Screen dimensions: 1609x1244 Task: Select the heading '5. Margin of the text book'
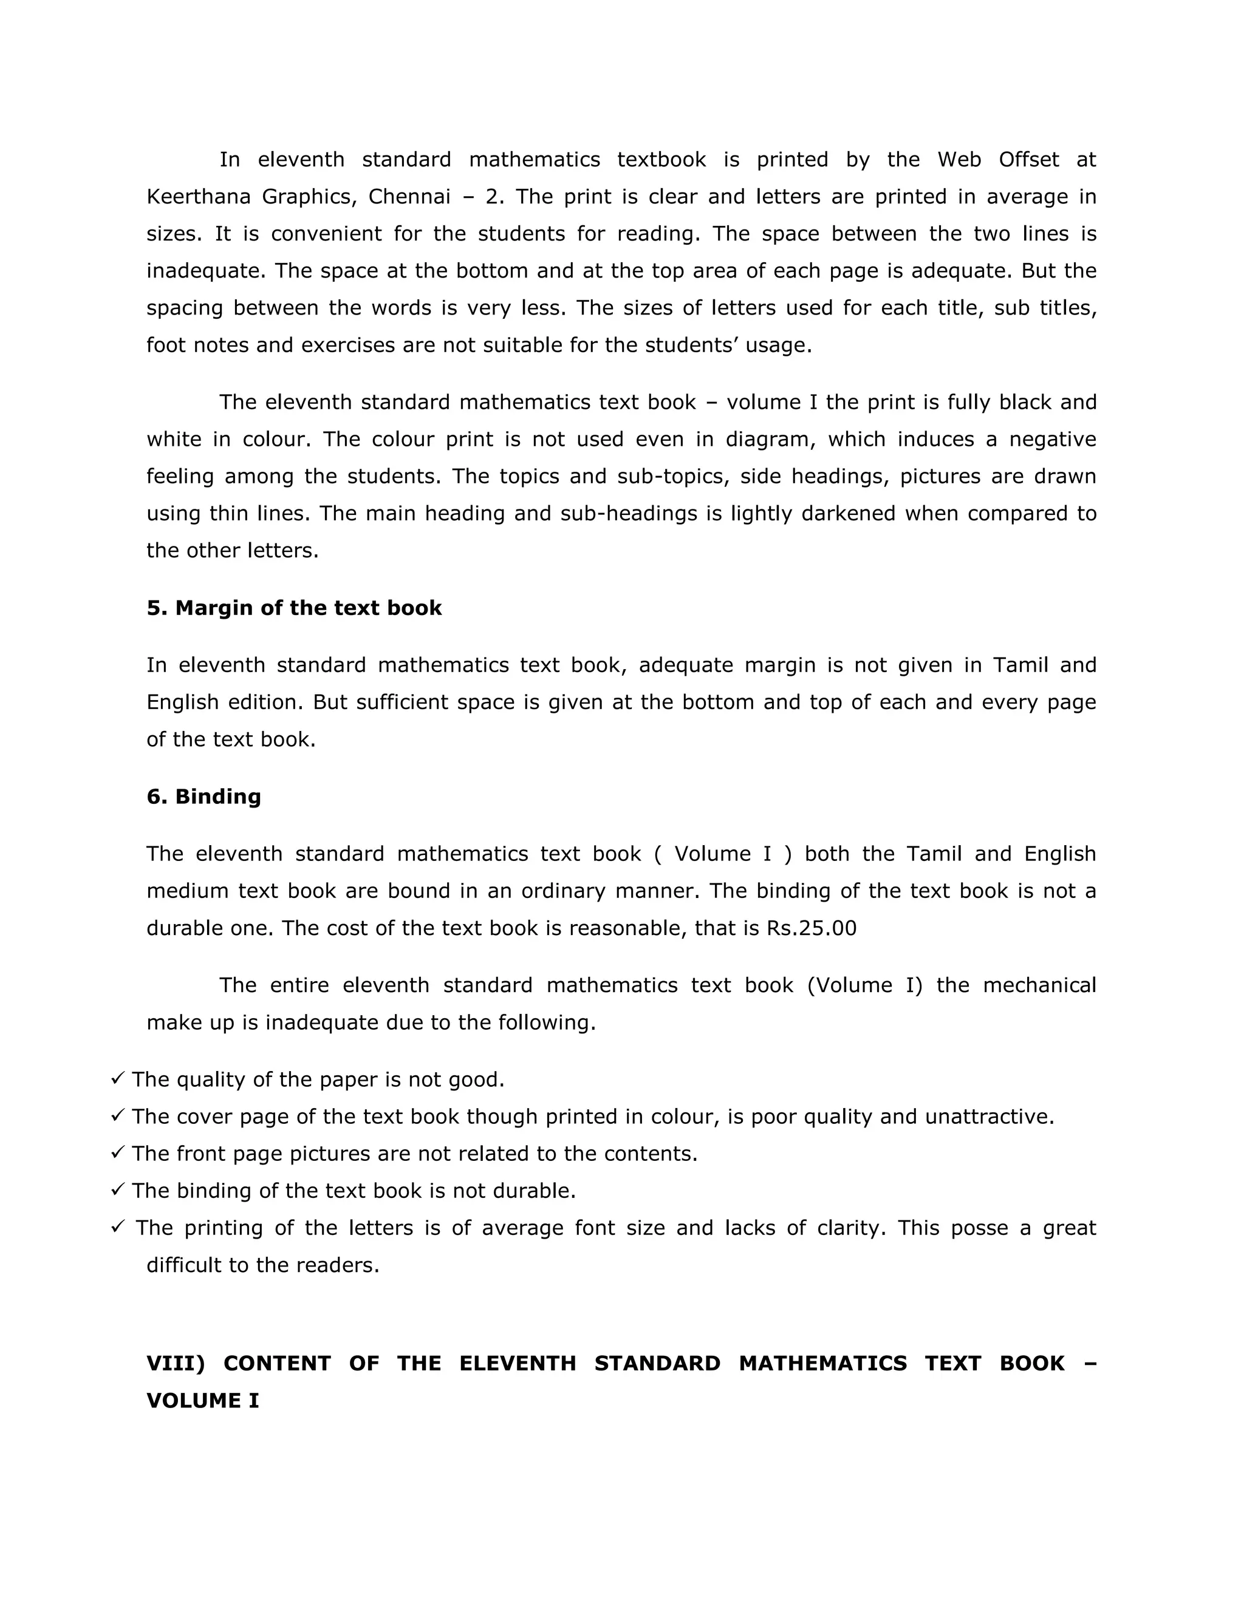(x=294, y=608)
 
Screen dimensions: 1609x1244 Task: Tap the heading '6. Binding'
(x=203, y=797)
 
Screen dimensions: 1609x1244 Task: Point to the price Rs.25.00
(x=812, y=928)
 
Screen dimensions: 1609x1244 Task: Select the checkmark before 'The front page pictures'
(x=117, y=1152)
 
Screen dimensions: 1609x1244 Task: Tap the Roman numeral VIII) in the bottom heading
(x=176, y=1363)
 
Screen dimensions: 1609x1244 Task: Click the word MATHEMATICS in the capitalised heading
(x=822, y=1363)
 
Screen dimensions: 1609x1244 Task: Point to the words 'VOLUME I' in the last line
(x=203, y=1401)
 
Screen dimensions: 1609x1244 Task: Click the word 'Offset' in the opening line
(x=1029, y=160)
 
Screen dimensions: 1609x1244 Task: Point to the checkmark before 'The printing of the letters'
(x=117, y=1226)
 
